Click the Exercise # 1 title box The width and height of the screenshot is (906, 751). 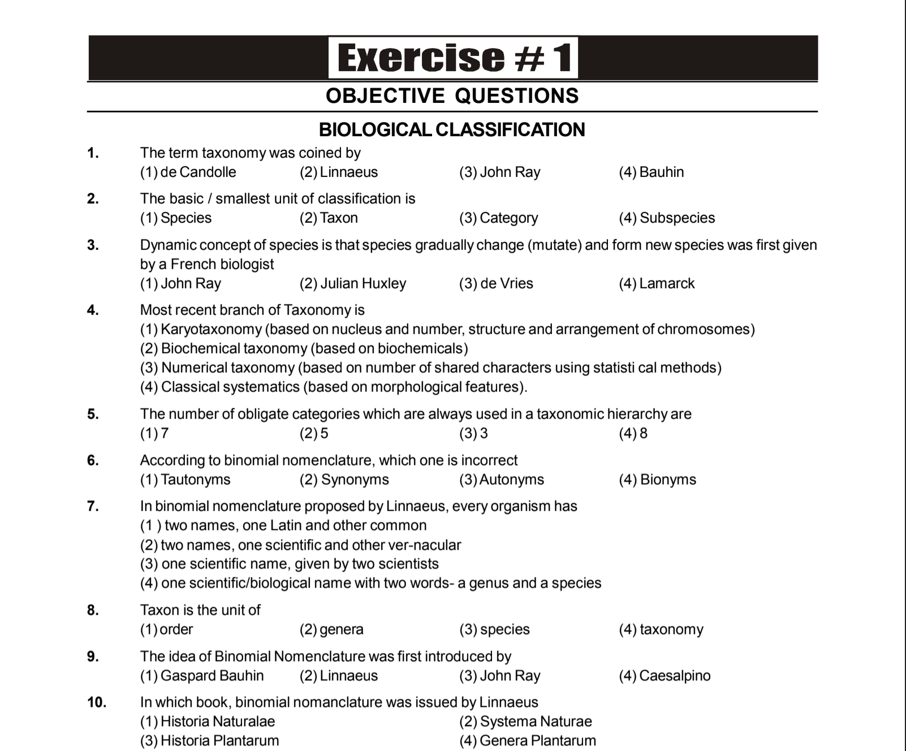[453, 58]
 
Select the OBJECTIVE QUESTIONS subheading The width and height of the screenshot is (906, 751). [452, 96]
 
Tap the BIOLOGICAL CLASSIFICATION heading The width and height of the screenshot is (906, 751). [452, 130]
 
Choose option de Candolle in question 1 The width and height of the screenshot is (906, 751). [188, 172]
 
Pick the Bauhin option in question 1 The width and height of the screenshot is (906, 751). [651, 172]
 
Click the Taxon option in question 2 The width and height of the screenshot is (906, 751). [329, 218]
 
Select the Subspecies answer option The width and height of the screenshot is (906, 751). [667, 218]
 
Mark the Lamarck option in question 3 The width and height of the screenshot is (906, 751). [657, 283]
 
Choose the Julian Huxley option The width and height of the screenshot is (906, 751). [353, 283]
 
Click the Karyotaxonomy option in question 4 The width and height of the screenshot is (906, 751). [447, 329]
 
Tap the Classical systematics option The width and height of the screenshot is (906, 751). [334, 387]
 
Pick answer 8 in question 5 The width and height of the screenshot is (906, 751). [633, 433]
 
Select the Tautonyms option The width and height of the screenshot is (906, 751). [185, 480]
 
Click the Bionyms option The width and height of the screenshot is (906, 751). [657, 480]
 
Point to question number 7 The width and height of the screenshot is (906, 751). [93, 506]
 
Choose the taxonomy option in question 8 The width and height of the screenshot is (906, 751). [661, 629]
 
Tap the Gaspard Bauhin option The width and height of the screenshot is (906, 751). [202, 676]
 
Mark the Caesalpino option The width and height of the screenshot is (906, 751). [665, 676]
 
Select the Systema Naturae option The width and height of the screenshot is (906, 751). [525, 722]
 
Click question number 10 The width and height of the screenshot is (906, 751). [97, 702]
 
